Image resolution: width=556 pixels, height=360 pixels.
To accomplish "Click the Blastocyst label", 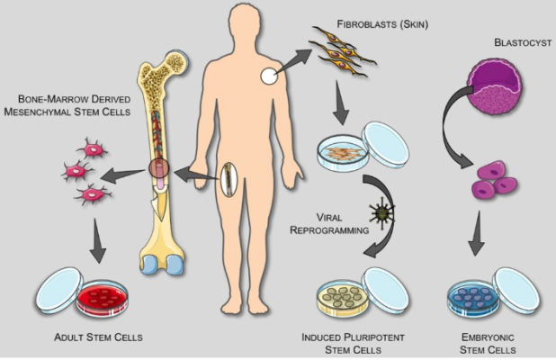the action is (523, 42).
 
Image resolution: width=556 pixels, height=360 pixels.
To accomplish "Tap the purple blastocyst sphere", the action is (495, 87).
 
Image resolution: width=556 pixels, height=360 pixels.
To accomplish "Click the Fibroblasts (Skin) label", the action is (382, 24).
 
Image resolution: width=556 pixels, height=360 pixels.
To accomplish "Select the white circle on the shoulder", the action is (269, 76).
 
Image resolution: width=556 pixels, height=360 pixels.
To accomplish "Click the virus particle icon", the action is (382, 213).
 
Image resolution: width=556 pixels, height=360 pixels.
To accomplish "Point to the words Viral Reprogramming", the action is (329, 223).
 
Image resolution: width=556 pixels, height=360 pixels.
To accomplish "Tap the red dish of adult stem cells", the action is (103, 298).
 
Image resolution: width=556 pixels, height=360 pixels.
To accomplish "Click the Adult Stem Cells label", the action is (98, 337).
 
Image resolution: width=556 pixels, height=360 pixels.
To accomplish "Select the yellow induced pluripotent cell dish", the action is (343, 298).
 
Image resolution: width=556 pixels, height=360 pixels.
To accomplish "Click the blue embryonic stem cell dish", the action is (473, 298).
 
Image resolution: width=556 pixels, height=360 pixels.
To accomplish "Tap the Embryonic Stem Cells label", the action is (488, 343).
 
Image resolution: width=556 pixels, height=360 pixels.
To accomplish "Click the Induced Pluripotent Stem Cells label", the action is (354, 343).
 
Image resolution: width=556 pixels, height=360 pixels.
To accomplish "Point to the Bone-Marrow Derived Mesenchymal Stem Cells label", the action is (67, 105).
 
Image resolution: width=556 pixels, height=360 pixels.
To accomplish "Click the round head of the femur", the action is (176, 63).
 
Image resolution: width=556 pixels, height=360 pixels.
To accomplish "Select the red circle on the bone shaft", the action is (159, 168).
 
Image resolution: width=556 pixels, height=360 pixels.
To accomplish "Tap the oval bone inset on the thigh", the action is (229, 179).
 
